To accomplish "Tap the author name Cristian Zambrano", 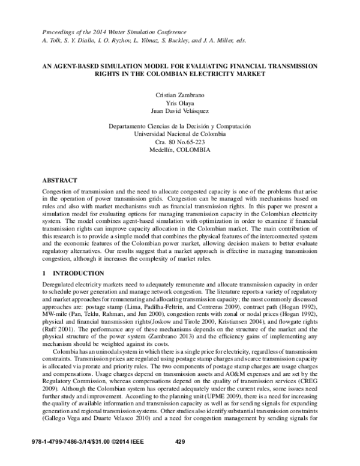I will (x=180, y=95).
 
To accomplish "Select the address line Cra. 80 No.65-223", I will (x=180, y=142).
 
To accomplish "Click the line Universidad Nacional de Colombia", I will (x=180, y=134).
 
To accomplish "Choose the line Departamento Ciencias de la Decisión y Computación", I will (x=180, y=126).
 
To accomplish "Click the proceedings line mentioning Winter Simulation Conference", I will (x=113, y=32).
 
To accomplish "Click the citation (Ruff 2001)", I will (x=59, y=329).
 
